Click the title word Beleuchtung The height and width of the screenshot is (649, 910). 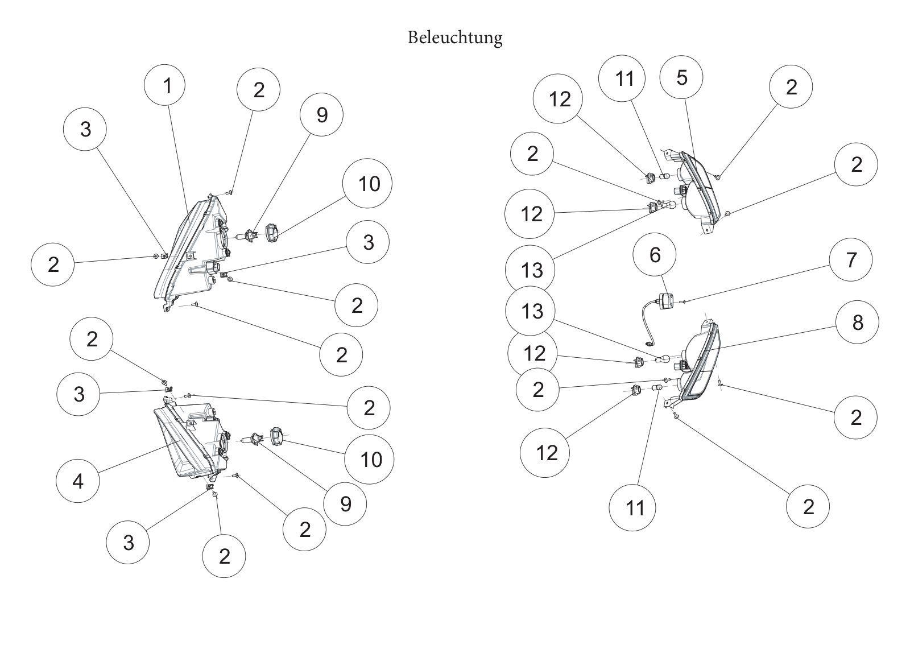[x=455, y=38]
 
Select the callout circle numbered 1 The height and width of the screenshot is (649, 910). [x=164, y=85]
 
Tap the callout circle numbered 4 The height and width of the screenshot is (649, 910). [x=77, y=481]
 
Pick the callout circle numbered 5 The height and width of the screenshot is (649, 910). [x=681, y=77]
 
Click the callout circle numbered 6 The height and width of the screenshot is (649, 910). [x=655, y=254]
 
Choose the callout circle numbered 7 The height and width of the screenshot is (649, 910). [x=851, y=260]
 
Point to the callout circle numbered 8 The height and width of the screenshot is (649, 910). [x=857, y=323]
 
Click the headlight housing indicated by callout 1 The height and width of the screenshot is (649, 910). [x=191, y=252]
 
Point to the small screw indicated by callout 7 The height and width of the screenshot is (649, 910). [x=685, y=301]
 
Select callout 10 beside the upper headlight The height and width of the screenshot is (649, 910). [x=367, y=183]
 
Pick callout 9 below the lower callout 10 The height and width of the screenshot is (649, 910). [x=345, y=504]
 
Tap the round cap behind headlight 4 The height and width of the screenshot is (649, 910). [x=276, y=436]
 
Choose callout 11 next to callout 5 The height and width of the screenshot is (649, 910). [x=622, y=78]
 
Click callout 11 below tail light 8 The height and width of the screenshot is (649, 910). [x=632, y=507]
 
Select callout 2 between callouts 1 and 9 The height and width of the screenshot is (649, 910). [x=258, y=89]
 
